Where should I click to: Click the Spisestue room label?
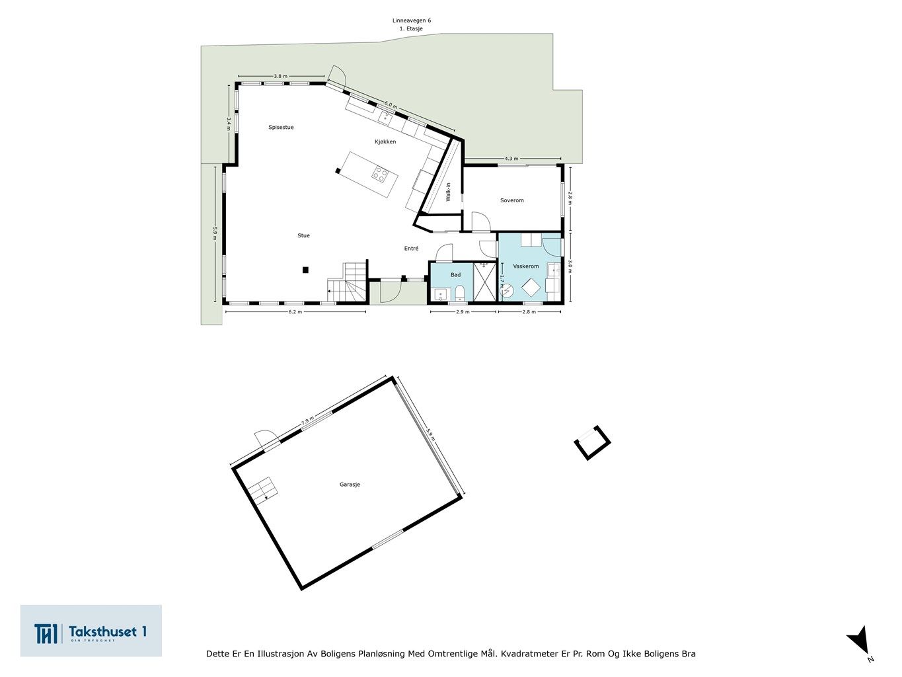tap(281, 127)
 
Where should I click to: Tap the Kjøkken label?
tap(385, 142)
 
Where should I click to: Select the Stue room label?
tap(303, 235)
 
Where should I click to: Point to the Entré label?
tap(411, 249)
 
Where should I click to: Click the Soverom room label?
tap(511, 200)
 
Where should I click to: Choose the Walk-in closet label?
tap(448, 192)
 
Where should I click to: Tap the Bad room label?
tap(455, 274)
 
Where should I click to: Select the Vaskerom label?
tap(525, 266)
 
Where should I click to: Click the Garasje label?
tap(350, 485)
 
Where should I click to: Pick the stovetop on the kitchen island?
tap(381, 174)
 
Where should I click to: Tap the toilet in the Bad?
tap(459, 293)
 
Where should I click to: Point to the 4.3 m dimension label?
tap(511, 159)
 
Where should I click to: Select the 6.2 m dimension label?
tap(295, 311)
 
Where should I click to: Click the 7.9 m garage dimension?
tap(307, 421)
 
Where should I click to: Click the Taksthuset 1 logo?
tap(91, 631)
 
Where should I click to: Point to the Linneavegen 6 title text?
tap(411, 20)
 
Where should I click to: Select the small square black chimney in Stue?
tap(305, 270)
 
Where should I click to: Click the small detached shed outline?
tap(591, 442)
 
